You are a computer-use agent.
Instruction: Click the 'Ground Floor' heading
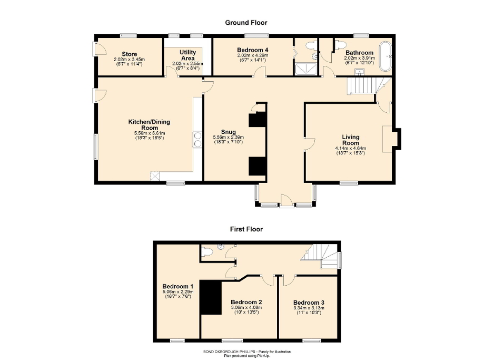[x=246, y=23]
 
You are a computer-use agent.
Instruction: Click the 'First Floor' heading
[x=246, y=229]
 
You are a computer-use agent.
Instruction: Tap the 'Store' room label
[x=129, y=54]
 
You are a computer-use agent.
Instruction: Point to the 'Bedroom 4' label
[x=253, y=49]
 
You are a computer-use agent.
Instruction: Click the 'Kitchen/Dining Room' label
[x=149, y=125]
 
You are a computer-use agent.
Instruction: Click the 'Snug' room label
[x=228, y=132]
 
